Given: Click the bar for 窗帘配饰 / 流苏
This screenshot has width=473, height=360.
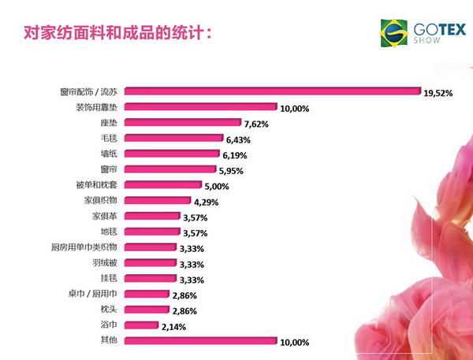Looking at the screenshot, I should [x=272, y=91].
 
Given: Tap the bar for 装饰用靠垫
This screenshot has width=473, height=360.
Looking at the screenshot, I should [x=200, y=106].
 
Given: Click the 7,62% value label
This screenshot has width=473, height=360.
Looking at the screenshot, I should [x=258, y=124].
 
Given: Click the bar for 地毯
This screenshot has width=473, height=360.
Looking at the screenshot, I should [x=151, y=232].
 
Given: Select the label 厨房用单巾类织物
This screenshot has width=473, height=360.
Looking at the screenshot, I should [x=84, y=247].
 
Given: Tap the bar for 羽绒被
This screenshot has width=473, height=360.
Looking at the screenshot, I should [x=149, y=263].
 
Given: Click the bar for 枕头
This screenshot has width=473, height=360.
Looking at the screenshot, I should [x=145, y=310].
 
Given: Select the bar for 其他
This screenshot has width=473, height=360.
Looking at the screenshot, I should [x=200, y=341].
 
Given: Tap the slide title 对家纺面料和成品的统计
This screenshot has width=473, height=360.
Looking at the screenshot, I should [x=118, y=34].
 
